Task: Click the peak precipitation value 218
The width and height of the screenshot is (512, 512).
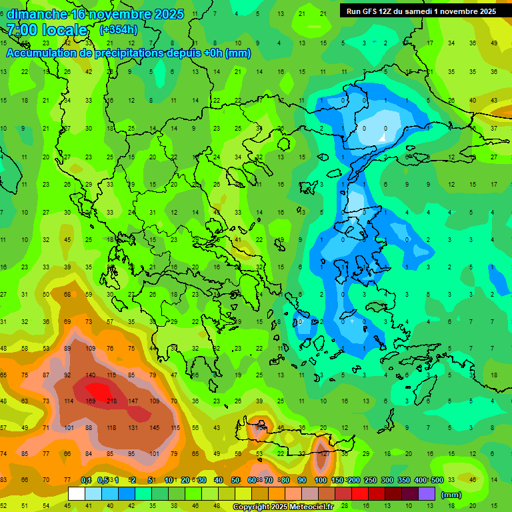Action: pyautogui.click(x=111, y=401)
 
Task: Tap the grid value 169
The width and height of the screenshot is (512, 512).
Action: pyautogui.click(x=90, y=401)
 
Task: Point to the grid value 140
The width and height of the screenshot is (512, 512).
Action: pyautogui.click(x=90, y=375)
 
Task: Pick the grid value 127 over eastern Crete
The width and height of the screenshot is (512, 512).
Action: pyautogui.click(x=323, y=453)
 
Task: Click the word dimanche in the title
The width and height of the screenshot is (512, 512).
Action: pyautogui.click(x=37, y=14)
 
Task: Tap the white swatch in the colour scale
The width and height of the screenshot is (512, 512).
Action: pyautogui.click(x=77, y=494)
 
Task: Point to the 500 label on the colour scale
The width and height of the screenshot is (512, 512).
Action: pyautogui.click(x=437, y=480)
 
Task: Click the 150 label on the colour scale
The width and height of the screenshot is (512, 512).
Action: pyautogui.click(x=336, y=480)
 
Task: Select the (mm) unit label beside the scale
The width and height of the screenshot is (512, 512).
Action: pyautogui.click(x=451, y=495)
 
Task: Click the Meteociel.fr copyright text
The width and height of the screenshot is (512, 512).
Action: pyautogui.click(x=292, y=507)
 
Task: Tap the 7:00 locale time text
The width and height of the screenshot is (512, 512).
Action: pyautogui.click(x=47, y=30)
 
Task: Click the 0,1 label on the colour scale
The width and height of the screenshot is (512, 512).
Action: pyautogui.click(x=86, y=480)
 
